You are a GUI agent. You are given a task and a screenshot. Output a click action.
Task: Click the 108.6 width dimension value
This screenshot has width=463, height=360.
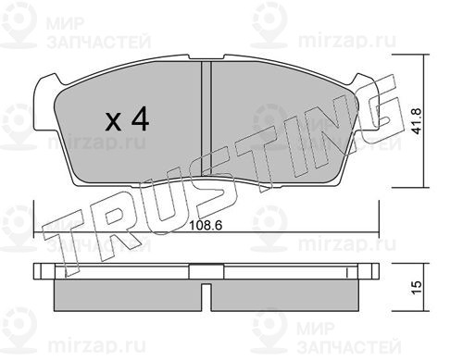206,226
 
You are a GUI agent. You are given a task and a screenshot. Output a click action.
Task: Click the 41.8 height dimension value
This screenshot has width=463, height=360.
417,120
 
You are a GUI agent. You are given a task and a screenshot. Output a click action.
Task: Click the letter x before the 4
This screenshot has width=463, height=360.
113,121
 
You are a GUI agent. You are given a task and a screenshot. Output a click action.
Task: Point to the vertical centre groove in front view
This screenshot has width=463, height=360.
206,118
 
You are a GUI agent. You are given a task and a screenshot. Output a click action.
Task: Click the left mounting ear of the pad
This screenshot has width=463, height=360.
46,104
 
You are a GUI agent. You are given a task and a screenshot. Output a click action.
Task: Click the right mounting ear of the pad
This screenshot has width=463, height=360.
366,104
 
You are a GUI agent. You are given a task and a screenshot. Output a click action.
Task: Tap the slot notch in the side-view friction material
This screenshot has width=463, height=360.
206,297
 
